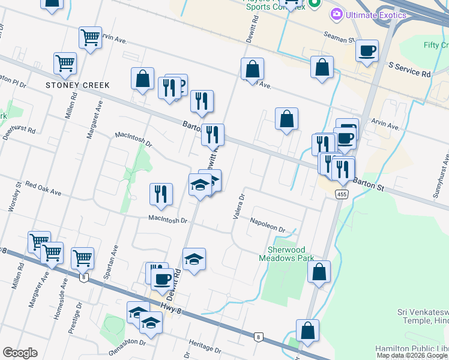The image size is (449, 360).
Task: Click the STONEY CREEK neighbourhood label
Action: pos(78,85)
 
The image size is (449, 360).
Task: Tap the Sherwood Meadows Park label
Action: pos(291,254)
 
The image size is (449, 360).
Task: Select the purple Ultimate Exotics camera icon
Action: pos(336,13)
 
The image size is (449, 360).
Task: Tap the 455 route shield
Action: pos(342,194)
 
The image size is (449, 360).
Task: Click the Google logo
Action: pos(20,353)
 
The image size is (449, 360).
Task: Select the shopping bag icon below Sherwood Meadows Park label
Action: pos(319,271)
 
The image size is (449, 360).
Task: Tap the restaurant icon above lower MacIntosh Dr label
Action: pos(161,193)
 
